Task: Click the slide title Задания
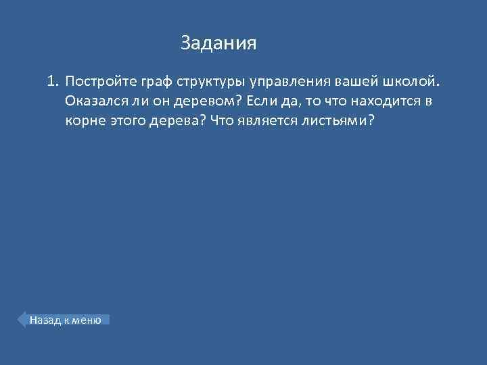click(218, 44)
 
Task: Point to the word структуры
click(211, 82)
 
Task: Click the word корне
click(84, 121)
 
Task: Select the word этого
click(126, 121)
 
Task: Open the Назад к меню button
click(64, 320)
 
